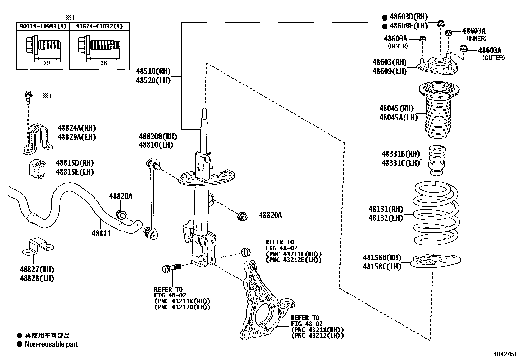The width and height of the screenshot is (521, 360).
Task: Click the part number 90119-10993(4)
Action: point(43,27)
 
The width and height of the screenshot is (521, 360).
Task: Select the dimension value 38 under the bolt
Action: point(103,63)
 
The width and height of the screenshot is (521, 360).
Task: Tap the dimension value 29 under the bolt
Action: point(47,63)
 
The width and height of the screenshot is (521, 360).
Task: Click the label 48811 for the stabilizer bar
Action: point(101,234)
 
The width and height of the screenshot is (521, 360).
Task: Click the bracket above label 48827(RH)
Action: point(38,247)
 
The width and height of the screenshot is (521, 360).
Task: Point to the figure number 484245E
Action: point(506,354)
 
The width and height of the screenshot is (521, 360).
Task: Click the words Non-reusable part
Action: point(51,344)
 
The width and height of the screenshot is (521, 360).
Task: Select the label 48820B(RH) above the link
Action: point(158,136)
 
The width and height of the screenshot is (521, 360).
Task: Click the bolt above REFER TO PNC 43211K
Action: point(171,268)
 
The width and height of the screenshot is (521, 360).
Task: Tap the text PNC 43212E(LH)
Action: point(294,260)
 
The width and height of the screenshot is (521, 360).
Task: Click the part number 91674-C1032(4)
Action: point(99,27)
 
